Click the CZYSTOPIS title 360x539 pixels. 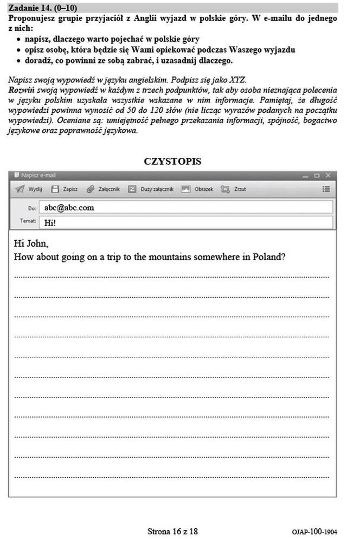click(x=172, y=161)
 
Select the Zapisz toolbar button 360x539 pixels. click(x=64, y=189)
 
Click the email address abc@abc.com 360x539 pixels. click(x=69, y=207)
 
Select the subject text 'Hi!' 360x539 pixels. click(x=50, y=222)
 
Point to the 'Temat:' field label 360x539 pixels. click(x=28, y=221)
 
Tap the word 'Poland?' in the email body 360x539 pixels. click(x=269, y=257)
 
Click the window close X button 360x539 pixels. click(x=327, y=175)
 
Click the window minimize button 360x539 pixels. click(x=306, y=175)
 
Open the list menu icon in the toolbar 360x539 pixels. click(x=326, y=189)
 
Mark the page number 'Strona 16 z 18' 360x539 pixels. click(x=172, y=531)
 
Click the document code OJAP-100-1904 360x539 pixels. click(x=313, y=532)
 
